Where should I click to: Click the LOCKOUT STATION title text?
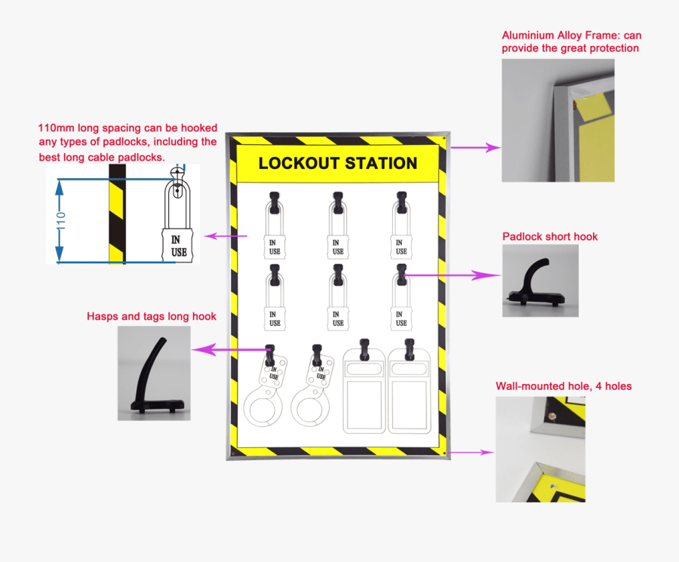(x=337, y=163)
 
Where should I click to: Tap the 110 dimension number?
(x=61, y=220)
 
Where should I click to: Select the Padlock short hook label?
(x=550, y=236)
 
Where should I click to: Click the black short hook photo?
(x=540, y=281)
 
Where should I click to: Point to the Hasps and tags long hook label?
(x=152, y=316)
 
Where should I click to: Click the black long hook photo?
(x=154, y=373)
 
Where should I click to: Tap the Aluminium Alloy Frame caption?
(x=571, y=41)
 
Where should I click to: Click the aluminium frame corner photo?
(x=558, y=120)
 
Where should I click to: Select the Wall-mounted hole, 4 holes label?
(x=564, y=386)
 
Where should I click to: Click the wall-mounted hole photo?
(x=540, y=450)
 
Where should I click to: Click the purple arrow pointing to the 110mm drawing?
(x=226, y=236)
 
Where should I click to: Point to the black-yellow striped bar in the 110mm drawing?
(x=116, y=214)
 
